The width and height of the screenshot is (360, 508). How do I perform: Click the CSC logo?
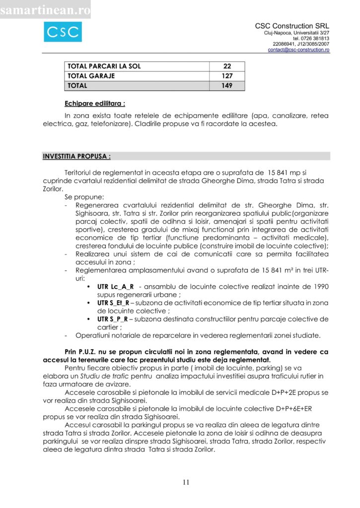click(63, 32)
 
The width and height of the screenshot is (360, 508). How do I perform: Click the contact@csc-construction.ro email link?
click(298, 50)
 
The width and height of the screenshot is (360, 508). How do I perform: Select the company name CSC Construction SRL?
click(292, 26)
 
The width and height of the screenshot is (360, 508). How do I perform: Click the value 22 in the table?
click(227, 66)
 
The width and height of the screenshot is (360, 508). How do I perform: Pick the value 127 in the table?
click(227, 76)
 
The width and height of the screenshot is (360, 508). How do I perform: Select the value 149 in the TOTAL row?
click(227, 85)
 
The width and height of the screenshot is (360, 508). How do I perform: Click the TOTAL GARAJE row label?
click(91, 76)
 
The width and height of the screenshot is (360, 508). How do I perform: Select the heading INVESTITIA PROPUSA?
click(76, 156)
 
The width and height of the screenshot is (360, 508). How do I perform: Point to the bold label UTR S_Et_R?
click(113, 303)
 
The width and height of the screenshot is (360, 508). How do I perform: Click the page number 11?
click(186, 482)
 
